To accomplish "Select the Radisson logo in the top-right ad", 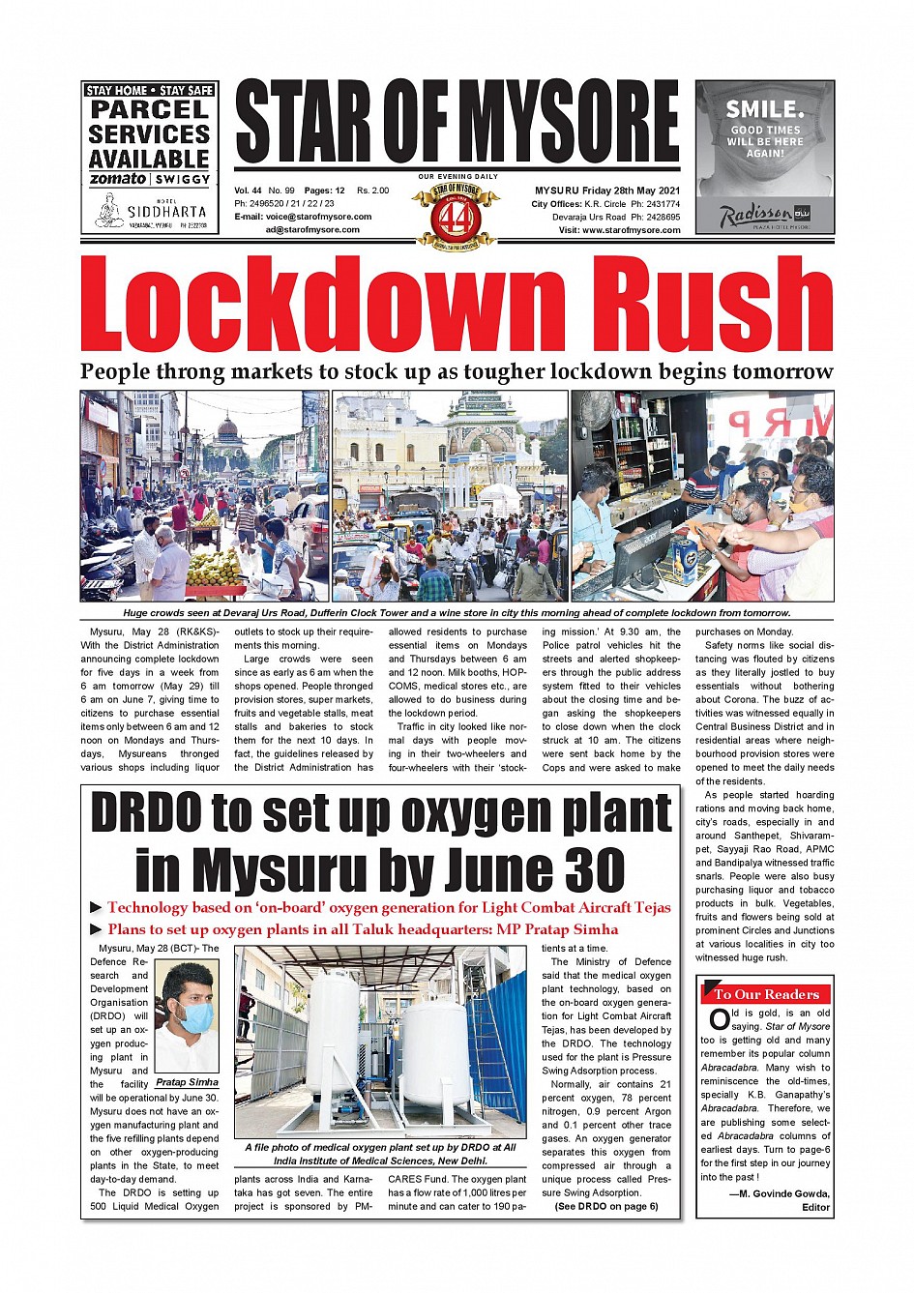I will tap(755, 215).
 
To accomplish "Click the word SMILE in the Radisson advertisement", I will tap(764, 108).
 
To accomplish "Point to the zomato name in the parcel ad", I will tap(117, 179).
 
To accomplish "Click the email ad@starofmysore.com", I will tap(312, 230).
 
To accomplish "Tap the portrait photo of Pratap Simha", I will tap(186, 1015).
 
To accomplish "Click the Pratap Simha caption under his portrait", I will tap(187, 1082).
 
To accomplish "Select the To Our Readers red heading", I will tap(765, 994).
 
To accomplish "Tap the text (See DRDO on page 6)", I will tap(605, 1206).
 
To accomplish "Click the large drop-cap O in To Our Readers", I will tap(719, 1019).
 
